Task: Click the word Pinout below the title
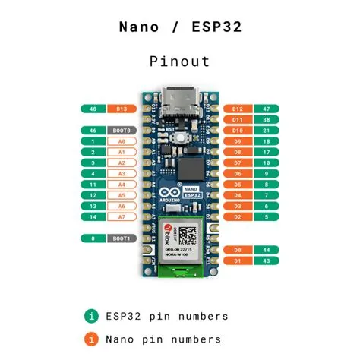click(180, 62)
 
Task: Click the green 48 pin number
click(92, 109)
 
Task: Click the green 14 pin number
click(92, 217)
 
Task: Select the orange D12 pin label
click(238, 109)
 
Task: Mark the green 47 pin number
click(266, 109)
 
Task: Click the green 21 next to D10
click(266, 131)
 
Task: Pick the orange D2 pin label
click(238, 217)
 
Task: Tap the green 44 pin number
click(266, 249)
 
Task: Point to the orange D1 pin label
click(238, 261)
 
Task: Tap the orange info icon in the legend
click(91, 339)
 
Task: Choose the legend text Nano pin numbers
click(163, 339)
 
